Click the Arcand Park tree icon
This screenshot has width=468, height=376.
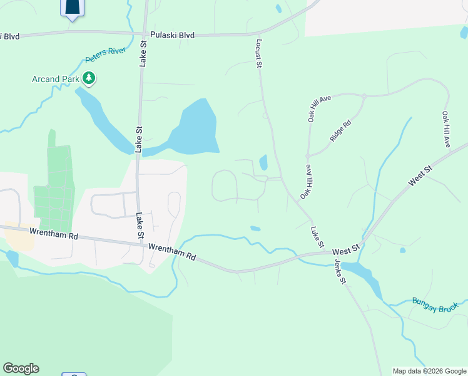pyautogui.click(x=89, y=78)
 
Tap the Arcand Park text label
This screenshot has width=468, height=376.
pyautogui.click(x=56, y=79)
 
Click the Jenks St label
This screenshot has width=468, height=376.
pyautogui.click(x=340, y=270)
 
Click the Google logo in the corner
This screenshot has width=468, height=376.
pyautogui.click(x=21, y=368)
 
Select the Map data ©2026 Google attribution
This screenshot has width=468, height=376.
pyautogui.click(x=429, y=371)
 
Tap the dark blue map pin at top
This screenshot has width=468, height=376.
pyautogui.click(x=73, y=8)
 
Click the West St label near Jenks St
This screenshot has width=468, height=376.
pyautogui.click(x=345, y=249)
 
